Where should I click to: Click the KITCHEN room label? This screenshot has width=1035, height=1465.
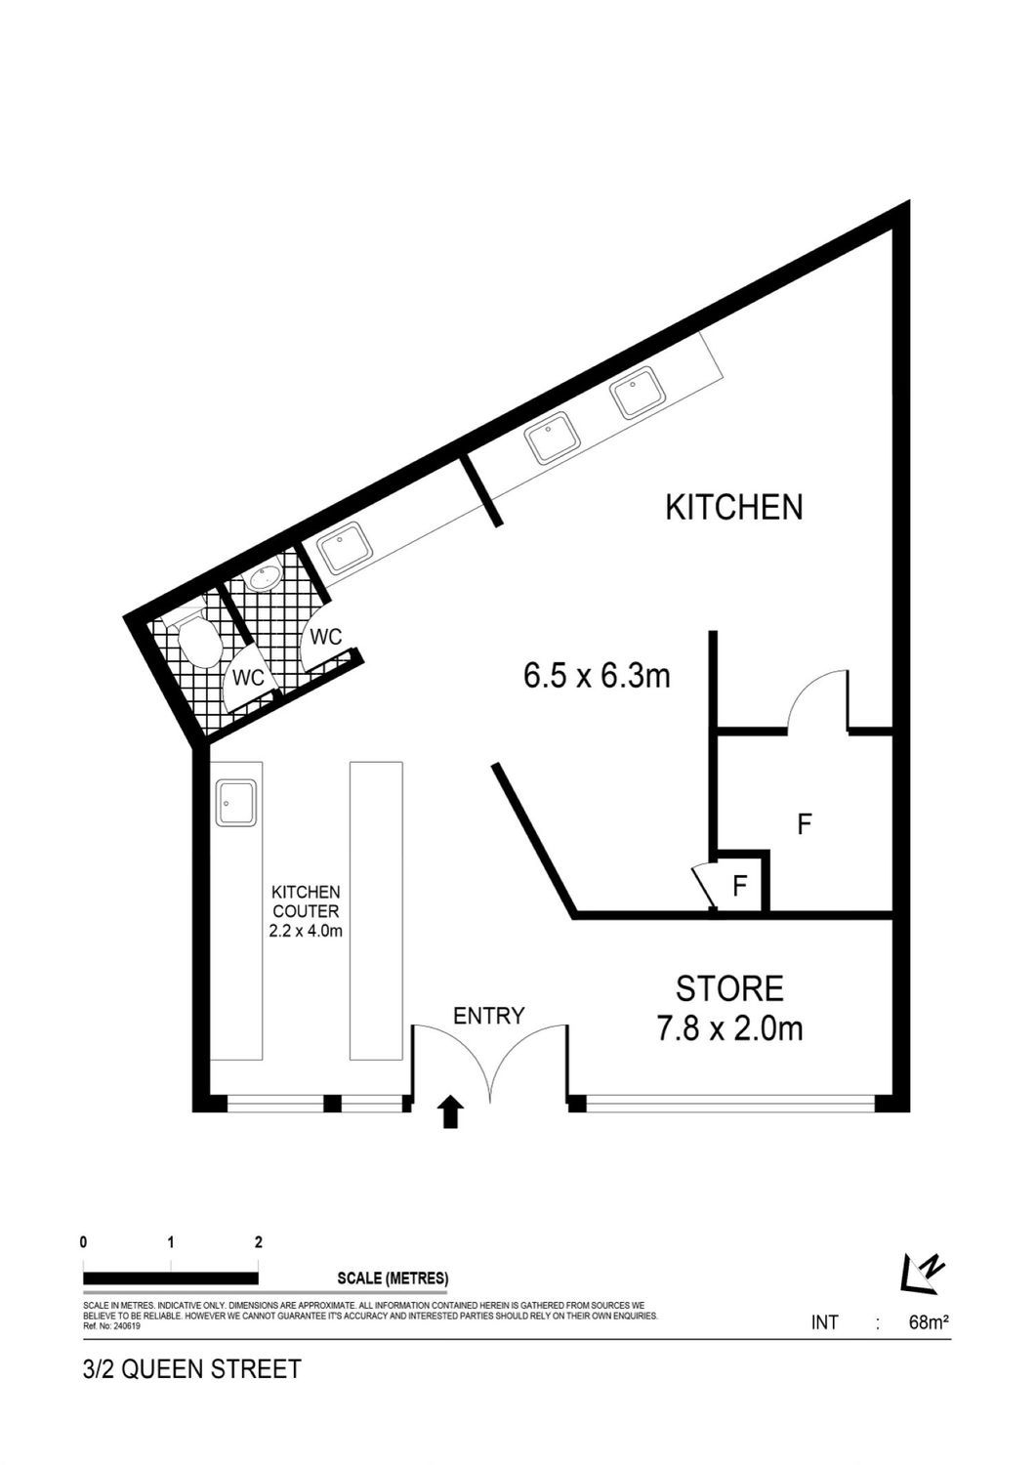click(733, 508)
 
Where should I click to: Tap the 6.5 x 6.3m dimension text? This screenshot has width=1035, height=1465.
click(597, 676)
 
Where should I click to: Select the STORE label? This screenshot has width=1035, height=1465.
click(729, 988)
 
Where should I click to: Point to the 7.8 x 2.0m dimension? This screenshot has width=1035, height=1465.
click(729, 1029)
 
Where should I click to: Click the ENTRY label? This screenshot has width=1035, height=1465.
click(488, 1016)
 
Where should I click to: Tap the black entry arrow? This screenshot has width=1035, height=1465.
click(450, 1111)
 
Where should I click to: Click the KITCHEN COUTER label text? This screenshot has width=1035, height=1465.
click(306, 901)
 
